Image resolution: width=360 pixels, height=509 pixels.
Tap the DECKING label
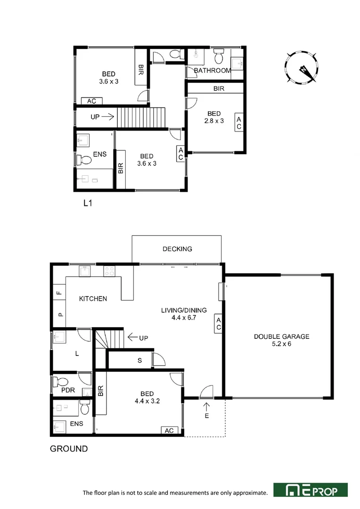[177, 249]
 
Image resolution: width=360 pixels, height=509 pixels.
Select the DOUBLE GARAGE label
[281, 337]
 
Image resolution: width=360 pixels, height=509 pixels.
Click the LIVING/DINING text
[184, 310]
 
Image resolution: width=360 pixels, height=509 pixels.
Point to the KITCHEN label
[93, 299]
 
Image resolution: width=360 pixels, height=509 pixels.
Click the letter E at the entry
[206, 416]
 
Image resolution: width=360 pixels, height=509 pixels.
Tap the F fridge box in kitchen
[59, 292]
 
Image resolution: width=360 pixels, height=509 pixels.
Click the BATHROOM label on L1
[212, 71]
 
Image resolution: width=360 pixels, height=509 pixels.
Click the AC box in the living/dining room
[219, 323]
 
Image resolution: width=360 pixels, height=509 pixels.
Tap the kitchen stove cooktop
[109, 271]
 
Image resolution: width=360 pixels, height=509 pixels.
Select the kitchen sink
[84, 271]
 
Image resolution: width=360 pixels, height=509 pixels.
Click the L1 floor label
[87, 204]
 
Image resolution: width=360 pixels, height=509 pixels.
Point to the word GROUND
[69, 449]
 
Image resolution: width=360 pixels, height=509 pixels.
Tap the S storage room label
[139, 361]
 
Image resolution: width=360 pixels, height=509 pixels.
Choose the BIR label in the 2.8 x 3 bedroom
[219, 88]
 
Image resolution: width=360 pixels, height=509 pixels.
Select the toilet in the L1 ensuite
[84, 160]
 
